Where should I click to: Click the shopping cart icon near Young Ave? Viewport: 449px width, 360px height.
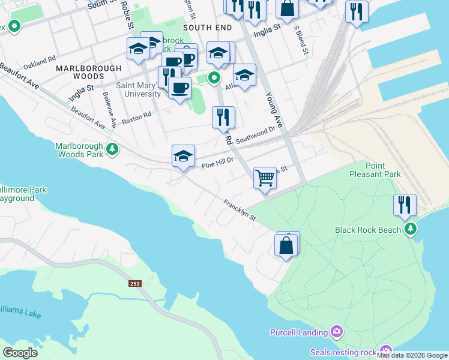(x=265, y=178)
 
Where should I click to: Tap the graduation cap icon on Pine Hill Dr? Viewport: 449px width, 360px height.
(x=183, y=157)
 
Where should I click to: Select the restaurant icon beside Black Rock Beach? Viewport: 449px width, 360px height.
(x=405, y=205)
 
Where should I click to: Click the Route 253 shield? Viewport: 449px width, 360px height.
(x=134, y=283)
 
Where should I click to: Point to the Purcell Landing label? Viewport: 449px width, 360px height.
(x=298, y=332)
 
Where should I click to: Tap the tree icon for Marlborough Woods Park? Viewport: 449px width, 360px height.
(x=112, y=149)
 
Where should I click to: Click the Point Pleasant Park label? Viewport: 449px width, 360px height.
(x=375, y=170)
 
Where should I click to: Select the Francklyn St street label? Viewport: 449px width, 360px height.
(x=240, y=210)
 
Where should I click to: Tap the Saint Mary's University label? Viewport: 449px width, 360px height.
(x=138, y=89)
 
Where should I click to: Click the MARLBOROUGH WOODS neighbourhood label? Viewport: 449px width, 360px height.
(x=89, y=73)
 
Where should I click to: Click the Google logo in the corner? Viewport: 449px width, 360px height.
(x=20, y=352)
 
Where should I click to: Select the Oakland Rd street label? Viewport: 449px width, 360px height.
(x=39, y=63)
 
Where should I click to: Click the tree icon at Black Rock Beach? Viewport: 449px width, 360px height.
(x=411, y=229)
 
